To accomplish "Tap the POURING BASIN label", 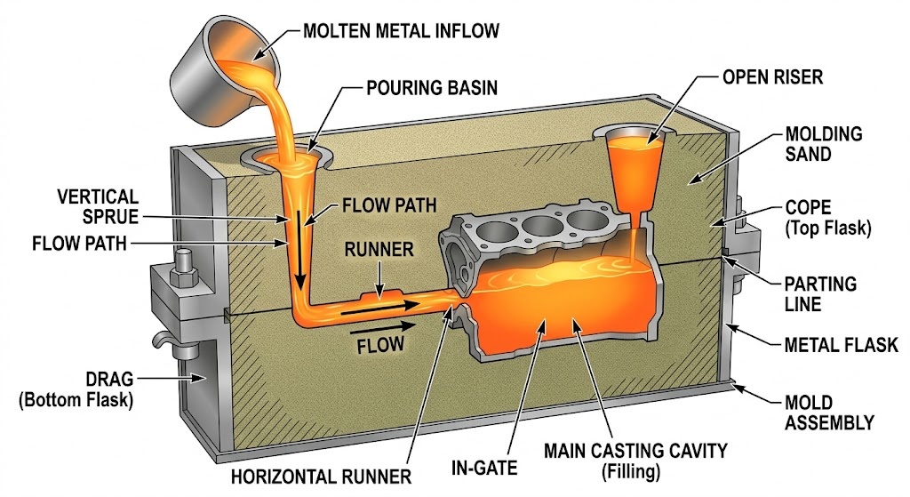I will pyautogui.click(x=431, y=89).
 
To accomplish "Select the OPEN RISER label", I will pyautogui.click(x=772, y=77).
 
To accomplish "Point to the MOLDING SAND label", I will pyautogui.click(x=824, y=145).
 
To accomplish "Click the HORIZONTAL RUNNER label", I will pyautogui.click(x=321, y=477).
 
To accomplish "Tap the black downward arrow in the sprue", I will pyautogui.click(x=300, y=254).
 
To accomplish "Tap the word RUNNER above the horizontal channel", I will pyautogui.click(x=379, y=250).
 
